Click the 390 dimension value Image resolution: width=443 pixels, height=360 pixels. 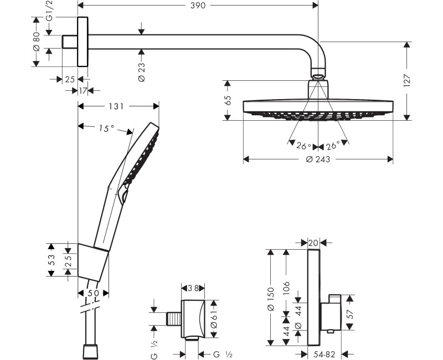[x=198, y=6]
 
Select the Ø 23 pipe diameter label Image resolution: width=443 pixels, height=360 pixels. [x=141, y=73]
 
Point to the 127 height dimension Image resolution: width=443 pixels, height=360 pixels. [x=408, y=80]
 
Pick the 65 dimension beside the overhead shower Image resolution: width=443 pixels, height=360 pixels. [x=228, y=100]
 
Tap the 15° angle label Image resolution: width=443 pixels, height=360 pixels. [x=106, y=128]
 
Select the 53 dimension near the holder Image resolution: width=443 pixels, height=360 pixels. [x=51, y=260]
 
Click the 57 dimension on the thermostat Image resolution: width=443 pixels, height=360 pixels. [x=349, y=313]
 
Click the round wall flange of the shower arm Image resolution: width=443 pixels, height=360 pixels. [x=83, y=42]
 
